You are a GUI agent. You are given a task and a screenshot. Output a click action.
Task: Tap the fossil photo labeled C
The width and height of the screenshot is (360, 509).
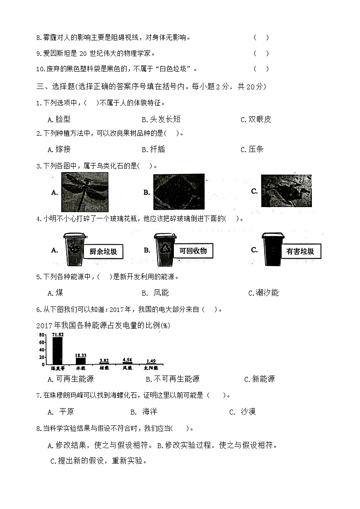286,191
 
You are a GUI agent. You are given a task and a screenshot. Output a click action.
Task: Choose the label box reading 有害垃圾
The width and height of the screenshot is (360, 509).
300,251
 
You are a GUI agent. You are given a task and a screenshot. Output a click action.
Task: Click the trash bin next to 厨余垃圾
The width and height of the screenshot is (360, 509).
74,250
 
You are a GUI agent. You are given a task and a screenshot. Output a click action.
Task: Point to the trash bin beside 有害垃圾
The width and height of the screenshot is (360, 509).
272,249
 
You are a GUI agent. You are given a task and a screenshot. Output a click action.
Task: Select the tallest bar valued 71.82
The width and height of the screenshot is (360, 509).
58,351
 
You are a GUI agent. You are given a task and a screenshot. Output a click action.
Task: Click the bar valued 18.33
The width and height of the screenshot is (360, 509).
80,361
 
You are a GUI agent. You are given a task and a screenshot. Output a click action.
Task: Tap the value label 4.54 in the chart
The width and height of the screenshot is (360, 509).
127,360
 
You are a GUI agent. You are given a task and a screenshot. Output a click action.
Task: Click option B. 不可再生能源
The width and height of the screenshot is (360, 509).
173,379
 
